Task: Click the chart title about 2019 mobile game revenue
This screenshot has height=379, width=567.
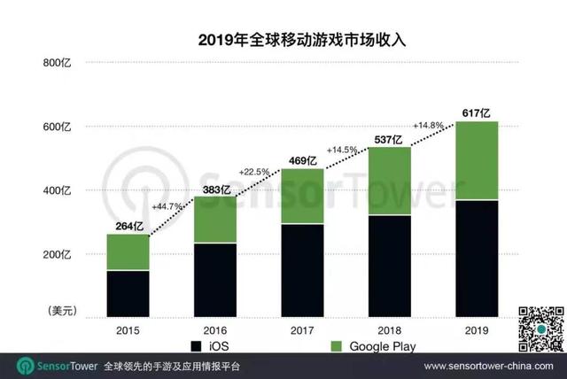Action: (x=283, y=40)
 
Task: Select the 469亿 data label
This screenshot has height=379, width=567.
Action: (x=303, y=160)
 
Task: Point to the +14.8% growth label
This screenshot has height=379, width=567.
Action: (x=429, y=125)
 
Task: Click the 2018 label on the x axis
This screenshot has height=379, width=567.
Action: (x=390, y=329)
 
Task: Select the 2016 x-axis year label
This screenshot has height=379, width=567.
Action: (x=216, y=329)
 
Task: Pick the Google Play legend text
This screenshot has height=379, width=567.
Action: (x=382, y=345)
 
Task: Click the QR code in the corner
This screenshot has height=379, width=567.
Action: (x=540, y=328)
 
